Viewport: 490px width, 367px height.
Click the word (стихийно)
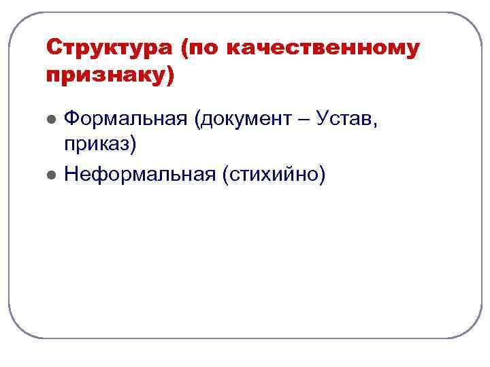(x=273, y=175)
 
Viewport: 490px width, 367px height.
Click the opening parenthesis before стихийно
(x=223, y=175)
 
